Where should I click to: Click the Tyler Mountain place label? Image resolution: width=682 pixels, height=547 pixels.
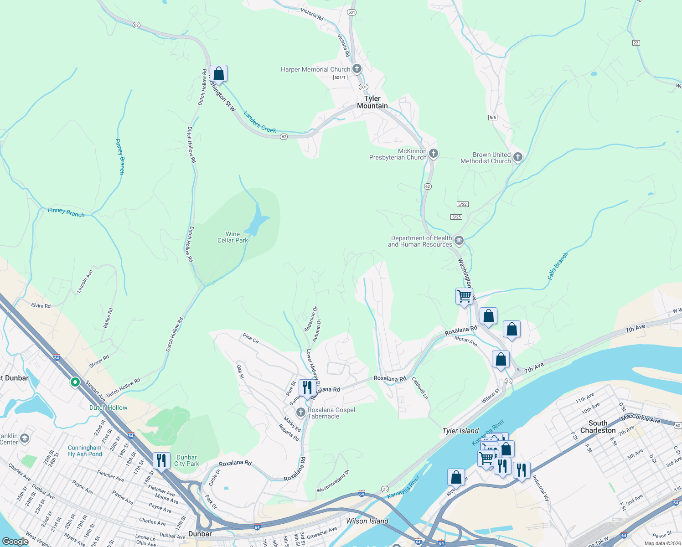click(x=372, y=102)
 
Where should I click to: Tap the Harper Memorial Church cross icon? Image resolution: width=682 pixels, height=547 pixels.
click(x=357, y=69)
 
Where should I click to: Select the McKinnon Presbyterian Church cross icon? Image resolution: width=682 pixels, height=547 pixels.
click(x=434, y=154)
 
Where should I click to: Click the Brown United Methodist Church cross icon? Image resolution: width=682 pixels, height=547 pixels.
click(x=517, y=157)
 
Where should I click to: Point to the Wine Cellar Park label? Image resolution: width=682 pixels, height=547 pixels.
click(x=232, y=237)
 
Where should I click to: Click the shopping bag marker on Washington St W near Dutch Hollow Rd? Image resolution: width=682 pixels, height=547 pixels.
click(x=219, y=73)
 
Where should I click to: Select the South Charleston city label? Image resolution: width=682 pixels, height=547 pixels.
click(x=598, y=427)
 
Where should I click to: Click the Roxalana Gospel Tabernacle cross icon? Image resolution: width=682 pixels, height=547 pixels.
click(x=300, y=413)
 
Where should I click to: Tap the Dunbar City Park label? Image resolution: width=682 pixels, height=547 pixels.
click(x=186, y=460)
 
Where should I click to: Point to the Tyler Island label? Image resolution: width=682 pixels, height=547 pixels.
click(x=460, y=431)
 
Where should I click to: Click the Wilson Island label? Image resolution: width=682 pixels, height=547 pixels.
click(x=367, y=521)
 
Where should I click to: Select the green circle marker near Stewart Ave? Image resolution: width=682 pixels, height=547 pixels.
click(x=75, y=382)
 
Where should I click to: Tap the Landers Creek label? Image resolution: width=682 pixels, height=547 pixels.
click(x=260, y=122)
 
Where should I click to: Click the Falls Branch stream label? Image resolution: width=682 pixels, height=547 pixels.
click(x=558, y=266)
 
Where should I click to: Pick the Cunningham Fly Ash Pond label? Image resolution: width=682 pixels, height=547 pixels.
click(x=85, y=451)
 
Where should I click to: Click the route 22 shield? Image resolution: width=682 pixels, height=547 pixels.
click(x=636, y=43)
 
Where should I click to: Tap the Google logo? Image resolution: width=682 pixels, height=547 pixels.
click(x=15, y=542)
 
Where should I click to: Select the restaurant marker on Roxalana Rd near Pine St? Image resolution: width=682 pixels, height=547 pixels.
click(x=307, y=388)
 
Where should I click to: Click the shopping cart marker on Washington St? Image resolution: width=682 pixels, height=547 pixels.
click(x=464, y=296)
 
